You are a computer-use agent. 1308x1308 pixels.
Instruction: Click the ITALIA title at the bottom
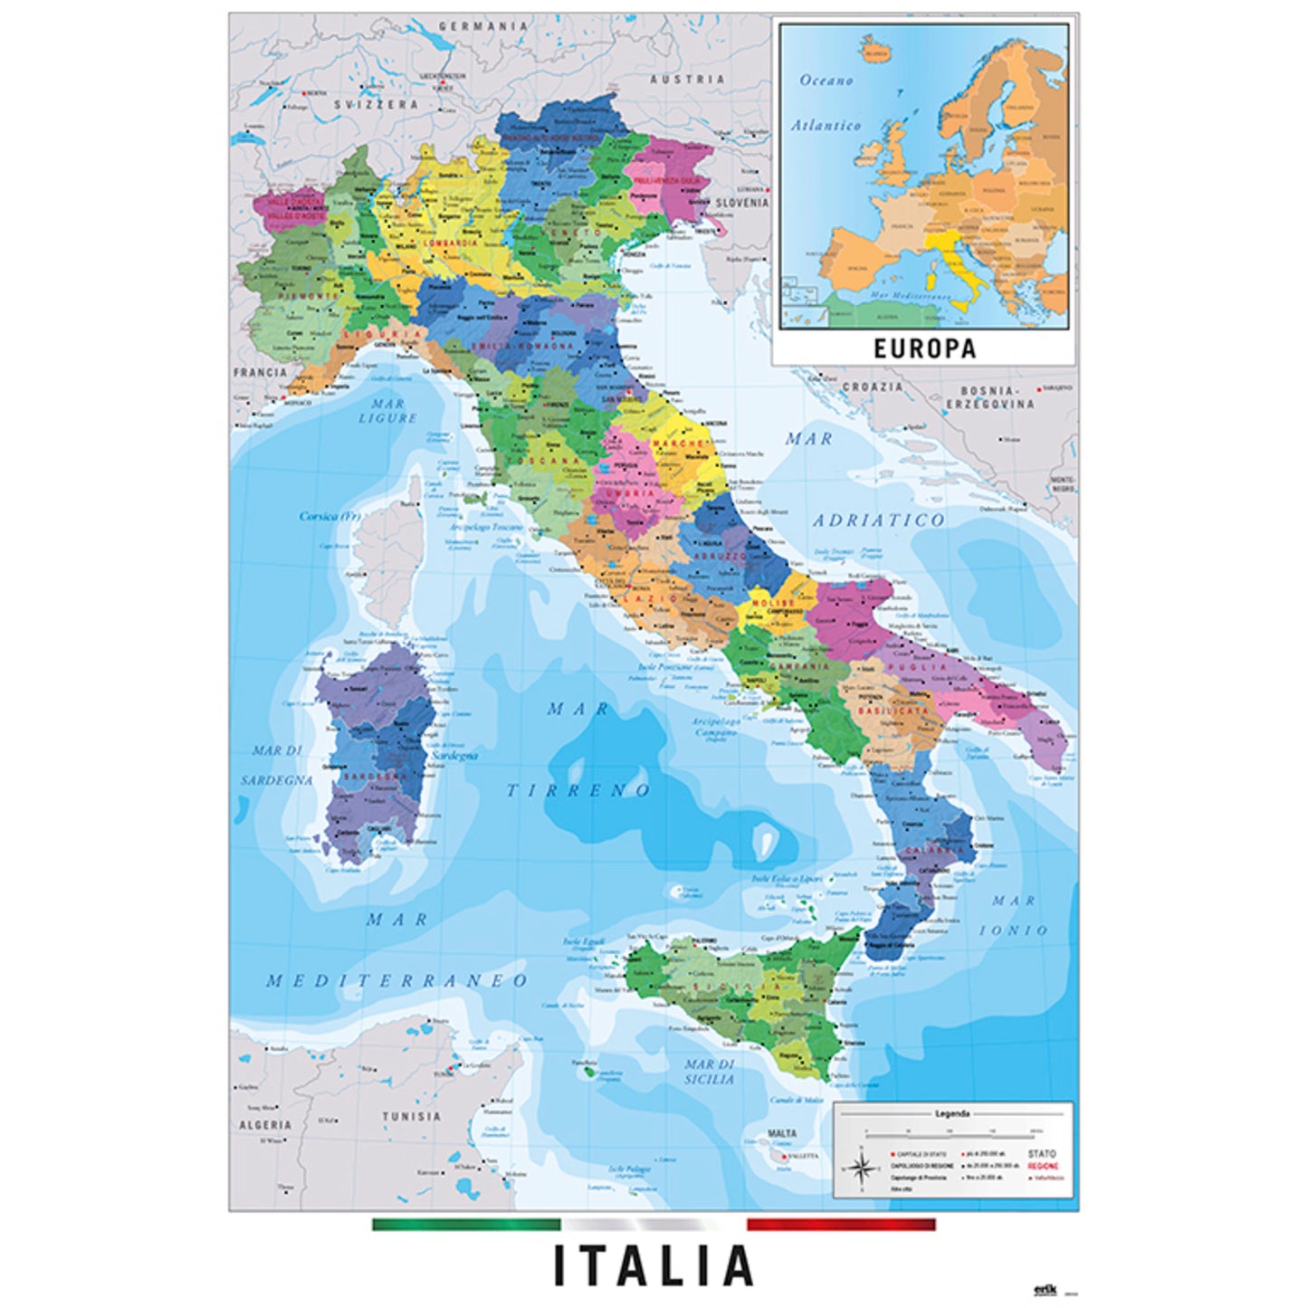tap(653, 1265)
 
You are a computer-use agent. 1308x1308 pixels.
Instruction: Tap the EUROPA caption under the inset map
tap(924, 348)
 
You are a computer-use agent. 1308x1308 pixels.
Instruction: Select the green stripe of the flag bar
tap(466, 1224)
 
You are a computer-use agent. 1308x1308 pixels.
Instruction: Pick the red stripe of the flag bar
tap(841, 1224)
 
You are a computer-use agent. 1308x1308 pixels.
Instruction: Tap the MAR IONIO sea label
tap(1019, 915)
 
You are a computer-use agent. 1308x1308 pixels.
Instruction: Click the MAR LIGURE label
tap(387, 410)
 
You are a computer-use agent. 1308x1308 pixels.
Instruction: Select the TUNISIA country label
tap(411, 1116)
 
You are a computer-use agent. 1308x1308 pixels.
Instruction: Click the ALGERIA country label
tap(265, 1125)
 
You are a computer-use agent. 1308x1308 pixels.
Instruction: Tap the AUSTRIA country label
tap(688, 79)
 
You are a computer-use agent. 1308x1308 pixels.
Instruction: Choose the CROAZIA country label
tap(873, 387)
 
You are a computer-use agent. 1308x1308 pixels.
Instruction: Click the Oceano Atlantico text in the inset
tap(826, 103)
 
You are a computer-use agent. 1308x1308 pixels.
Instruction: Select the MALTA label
tap(782, 1133)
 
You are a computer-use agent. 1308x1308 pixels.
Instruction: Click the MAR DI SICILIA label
tap(710, 1072)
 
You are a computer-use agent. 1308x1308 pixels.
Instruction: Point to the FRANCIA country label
tap(260, 372)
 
